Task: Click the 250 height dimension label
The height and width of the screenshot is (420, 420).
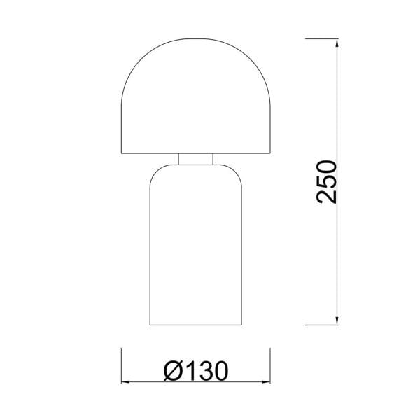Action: point(326,182)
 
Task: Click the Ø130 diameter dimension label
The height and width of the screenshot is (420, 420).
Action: point(196,371)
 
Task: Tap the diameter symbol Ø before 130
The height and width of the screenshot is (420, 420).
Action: point(172,371)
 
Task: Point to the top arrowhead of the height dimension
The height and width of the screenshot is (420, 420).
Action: point(337,43)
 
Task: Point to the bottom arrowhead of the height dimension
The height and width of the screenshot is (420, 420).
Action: point(337,321)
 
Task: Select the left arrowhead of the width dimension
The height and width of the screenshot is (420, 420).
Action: point(126,382)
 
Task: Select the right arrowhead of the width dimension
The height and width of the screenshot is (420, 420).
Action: point(266,382)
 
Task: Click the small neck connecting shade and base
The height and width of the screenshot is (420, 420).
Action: point(196,159)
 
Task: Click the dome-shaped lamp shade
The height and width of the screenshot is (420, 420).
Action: point(196,96)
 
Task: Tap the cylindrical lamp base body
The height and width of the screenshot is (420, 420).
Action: point(196,245)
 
